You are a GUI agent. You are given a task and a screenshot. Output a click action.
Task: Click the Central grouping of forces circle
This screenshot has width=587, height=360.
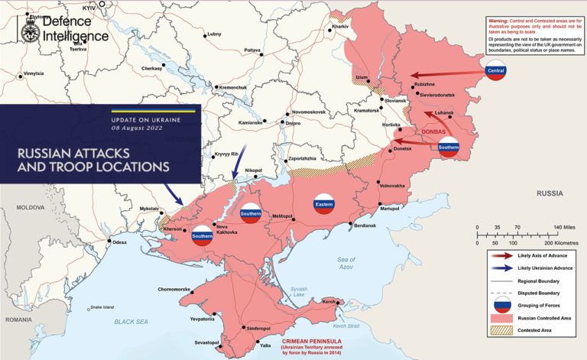[497, 72]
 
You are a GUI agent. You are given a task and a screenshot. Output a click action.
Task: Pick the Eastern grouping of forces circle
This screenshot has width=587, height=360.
[324, 204]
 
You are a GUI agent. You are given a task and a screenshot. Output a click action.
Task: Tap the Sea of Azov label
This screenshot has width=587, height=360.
[347, 264]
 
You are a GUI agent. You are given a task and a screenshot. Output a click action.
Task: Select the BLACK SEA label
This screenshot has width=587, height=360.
[131, 323]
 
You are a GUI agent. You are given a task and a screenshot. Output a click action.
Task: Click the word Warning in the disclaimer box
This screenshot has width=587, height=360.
[501, 20]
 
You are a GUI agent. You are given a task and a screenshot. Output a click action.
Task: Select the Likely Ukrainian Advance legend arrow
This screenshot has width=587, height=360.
[501, 268]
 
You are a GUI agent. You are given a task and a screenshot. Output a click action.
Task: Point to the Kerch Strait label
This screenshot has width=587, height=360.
[345, 326]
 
